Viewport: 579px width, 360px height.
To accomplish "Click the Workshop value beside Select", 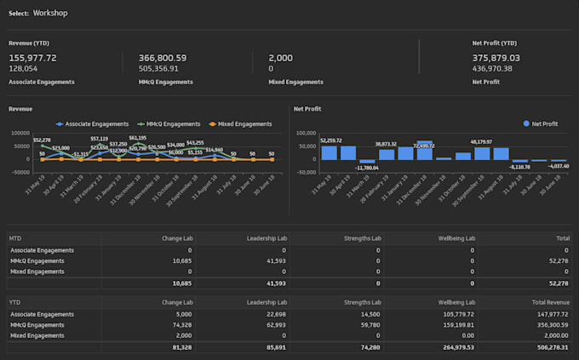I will click(50, 14).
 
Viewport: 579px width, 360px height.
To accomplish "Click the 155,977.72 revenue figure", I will click(32, 58).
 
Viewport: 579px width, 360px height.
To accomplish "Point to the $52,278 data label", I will click(42, 140).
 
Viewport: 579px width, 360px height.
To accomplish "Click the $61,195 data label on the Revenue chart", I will click(137, 138).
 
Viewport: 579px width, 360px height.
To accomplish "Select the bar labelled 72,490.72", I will click(424, 151).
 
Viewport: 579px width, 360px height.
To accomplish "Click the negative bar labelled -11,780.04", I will click(367, 162).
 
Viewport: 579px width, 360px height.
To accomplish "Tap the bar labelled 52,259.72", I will click(330, 152).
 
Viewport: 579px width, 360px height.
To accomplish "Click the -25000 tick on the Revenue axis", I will click(20, 171).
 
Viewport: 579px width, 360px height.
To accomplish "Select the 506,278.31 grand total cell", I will click(548, 346).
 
